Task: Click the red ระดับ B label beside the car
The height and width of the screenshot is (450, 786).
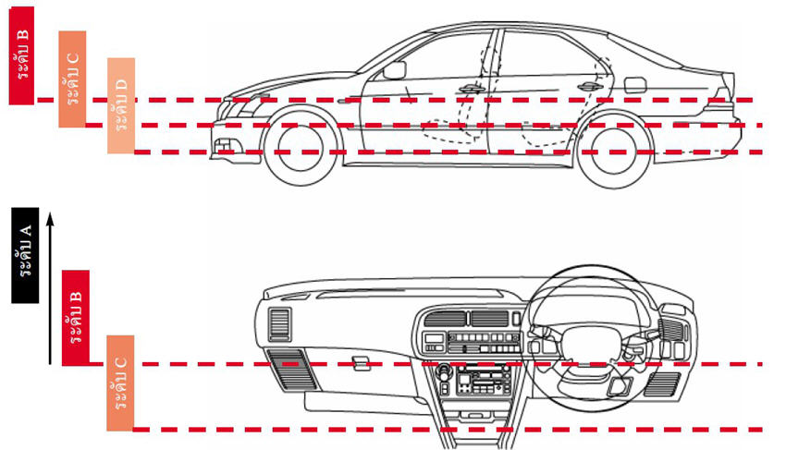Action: click(21, 55)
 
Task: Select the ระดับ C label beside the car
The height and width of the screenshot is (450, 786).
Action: click(72, 79)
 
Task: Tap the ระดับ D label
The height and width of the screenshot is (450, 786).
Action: click(121, 105)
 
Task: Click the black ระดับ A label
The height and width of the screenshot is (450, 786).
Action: click(25, 255)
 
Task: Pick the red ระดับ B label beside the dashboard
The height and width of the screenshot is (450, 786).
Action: click(76, 318)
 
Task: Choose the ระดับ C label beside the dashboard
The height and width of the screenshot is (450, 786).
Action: click(120, 383)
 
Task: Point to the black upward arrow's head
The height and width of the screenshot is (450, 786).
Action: click(50, 218)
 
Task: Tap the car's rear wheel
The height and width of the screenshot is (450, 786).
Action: click(615, 151)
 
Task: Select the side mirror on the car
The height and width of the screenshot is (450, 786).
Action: click(394, 70)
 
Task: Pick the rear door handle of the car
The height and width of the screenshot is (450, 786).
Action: click(590, 87)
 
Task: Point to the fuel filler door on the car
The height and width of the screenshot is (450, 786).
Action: click(635, 85)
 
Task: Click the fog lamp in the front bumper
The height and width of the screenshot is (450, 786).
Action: click(224, 145)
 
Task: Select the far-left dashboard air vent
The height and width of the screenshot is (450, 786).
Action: click(279, 325)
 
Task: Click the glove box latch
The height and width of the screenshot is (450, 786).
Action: click(361, 363)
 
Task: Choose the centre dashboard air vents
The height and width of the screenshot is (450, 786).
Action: click(466, 318)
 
